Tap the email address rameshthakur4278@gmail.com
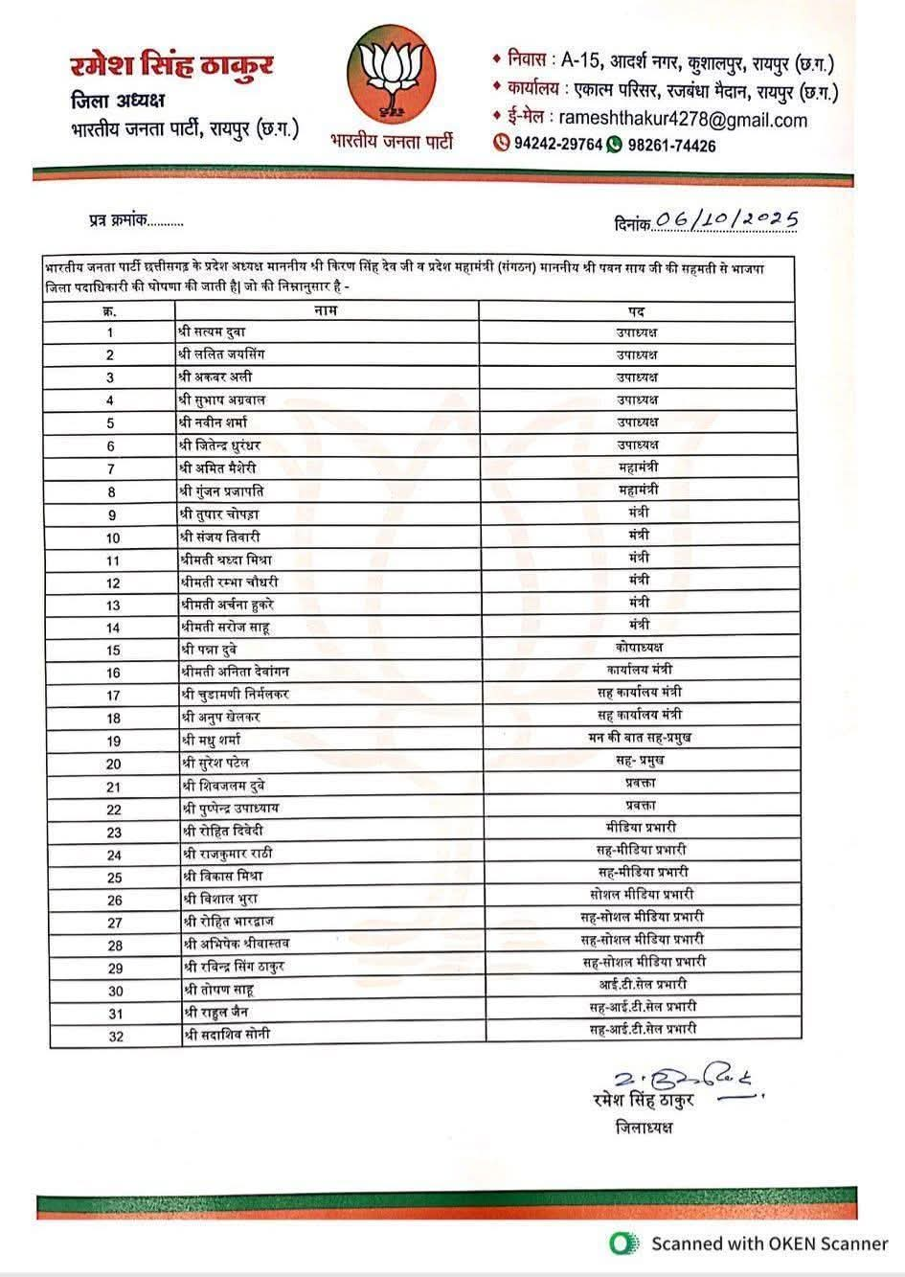[682, 120]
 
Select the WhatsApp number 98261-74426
[671, 146]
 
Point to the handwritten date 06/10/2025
[728, 219]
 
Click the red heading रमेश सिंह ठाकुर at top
[171, 65]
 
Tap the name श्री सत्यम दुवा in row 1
[213, 331]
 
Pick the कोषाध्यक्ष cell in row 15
[639, 647]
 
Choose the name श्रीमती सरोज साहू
[225, 627]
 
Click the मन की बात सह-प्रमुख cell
[639, 737]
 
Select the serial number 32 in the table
[115, 1037]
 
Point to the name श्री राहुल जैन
[216, 1013]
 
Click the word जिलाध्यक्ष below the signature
[645, 1127]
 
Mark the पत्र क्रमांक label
[112, 219]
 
